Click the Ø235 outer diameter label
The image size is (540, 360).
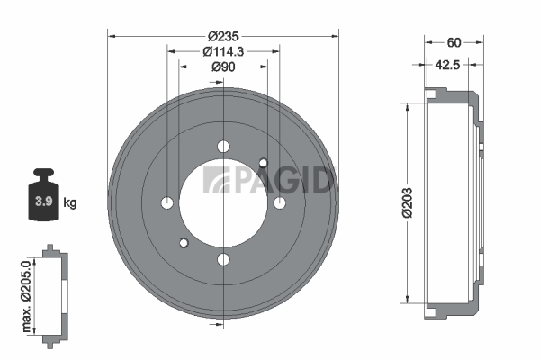click(x=223, y=36)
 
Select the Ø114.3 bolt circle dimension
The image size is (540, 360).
click(x=223, y=51)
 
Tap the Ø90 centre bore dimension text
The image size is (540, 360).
click(x=223, y=67)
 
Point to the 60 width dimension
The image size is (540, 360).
click(x=454, y=42)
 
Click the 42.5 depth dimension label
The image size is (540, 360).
click(x=447, y=65)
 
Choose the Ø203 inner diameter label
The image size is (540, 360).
click(x=408, y=202)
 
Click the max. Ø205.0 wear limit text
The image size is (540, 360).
click(x=26, y=297)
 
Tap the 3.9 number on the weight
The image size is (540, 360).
click(x=44, y=201)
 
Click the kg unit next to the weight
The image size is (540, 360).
click(x=70, y=202)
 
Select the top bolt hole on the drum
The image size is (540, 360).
click(x=223, y=147)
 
